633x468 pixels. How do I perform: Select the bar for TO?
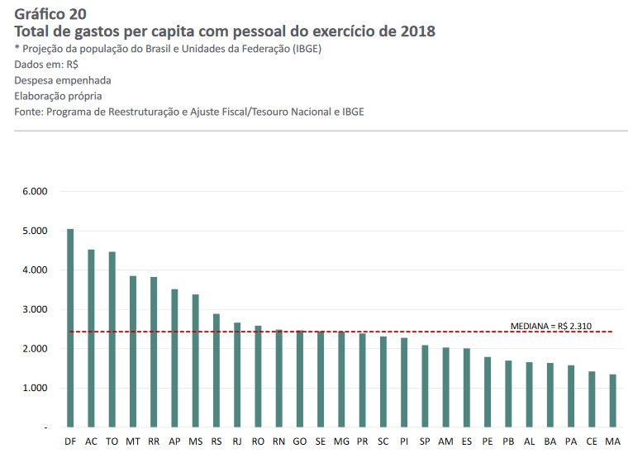point(112,339)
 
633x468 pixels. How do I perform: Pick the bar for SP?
point(425,386)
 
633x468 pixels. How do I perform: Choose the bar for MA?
point(612,401)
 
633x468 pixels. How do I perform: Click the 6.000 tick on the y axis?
point(36,192)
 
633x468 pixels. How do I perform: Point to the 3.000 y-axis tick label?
point(36,309)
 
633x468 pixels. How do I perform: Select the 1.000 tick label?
point(36,388)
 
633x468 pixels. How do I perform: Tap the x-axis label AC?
point(91,442)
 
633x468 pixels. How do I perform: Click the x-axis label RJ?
point(237,442)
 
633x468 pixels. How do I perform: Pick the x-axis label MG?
point(341,442)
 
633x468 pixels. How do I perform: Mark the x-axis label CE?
point(592,442)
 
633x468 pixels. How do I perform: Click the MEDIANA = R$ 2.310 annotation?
point(550,326)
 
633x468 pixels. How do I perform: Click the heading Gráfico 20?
point(50,13)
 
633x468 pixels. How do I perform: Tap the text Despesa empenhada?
point(63,80)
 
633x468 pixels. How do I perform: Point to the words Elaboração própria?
point(58,96)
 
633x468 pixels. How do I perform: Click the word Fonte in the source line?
point(28,112)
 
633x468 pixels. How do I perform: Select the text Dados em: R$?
point(46,64)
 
